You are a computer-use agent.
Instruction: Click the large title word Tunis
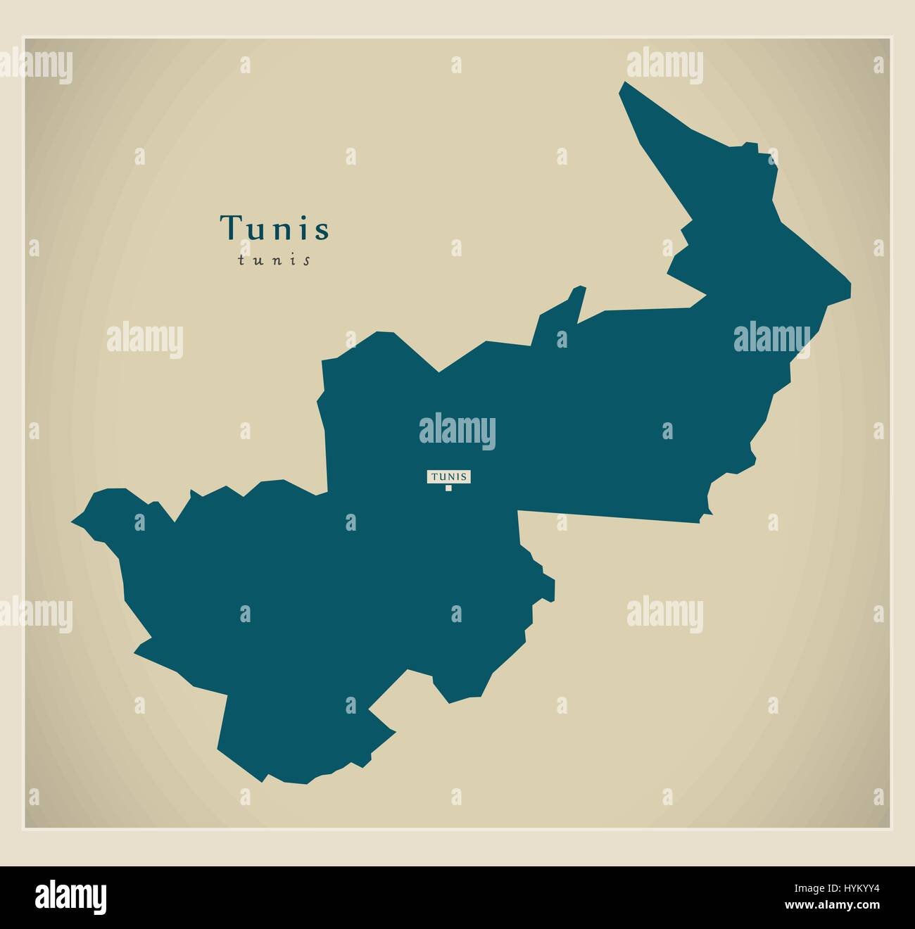click(274, 228)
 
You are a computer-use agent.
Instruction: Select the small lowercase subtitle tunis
click(274, 260)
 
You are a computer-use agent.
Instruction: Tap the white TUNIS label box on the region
click(448, 476)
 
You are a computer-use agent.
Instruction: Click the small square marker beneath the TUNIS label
click(448, 488)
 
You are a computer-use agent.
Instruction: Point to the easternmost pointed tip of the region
click(850, 286)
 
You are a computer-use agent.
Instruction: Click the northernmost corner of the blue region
click(622, 84)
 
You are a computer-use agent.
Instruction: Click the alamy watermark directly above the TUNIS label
click(458, 431)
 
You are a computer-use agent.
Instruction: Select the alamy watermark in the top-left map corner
click(35, 68)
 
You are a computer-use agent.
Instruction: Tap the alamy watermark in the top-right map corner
click(664, 63)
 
